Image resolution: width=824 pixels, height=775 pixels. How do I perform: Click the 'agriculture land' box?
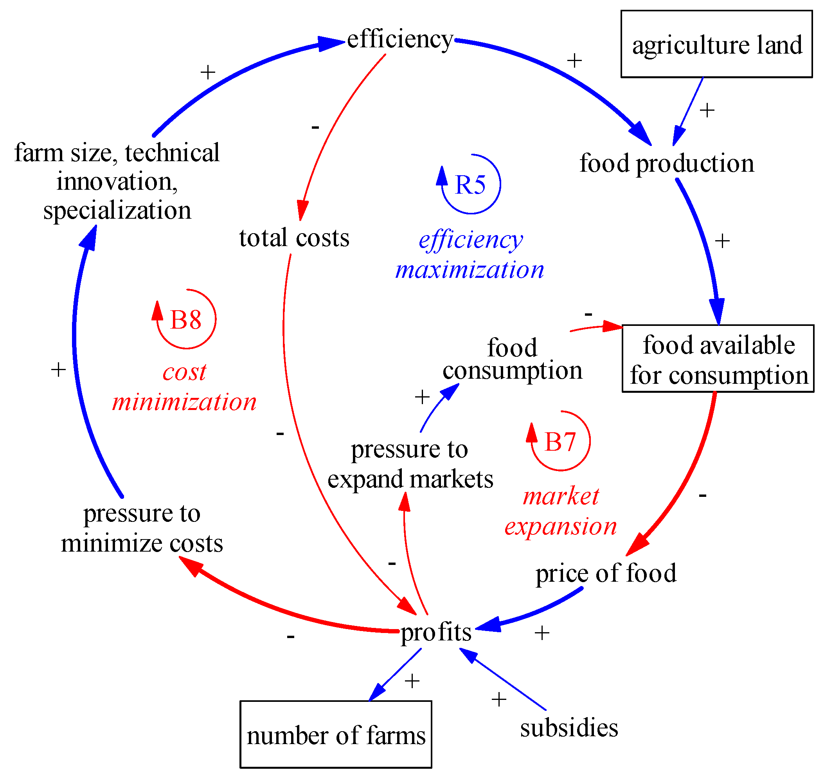716,44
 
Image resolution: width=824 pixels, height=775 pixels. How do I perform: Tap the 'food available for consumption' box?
718,359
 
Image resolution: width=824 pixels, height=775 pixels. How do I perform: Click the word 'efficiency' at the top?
399,40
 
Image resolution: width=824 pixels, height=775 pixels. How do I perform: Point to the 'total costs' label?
294,238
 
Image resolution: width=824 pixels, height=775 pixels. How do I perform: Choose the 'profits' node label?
435,633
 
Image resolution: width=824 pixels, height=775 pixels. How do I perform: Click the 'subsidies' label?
569,728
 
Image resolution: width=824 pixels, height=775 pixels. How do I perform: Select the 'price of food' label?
606,573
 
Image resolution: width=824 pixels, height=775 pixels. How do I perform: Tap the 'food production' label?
666,163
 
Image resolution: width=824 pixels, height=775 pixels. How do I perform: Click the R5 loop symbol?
470,184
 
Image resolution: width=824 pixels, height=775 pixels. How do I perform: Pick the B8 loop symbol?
186,320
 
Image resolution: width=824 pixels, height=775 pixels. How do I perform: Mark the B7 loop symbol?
560,441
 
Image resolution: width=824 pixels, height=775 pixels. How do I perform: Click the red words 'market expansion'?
560,511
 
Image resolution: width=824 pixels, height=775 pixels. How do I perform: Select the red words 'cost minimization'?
184,387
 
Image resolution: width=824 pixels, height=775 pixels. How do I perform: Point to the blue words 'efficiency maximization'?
470,255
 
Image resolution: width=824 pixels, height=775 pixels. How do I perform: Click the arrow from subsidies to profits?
504,680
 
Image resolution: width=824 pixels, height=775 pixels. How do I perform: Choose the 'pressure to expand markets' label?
410,464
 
